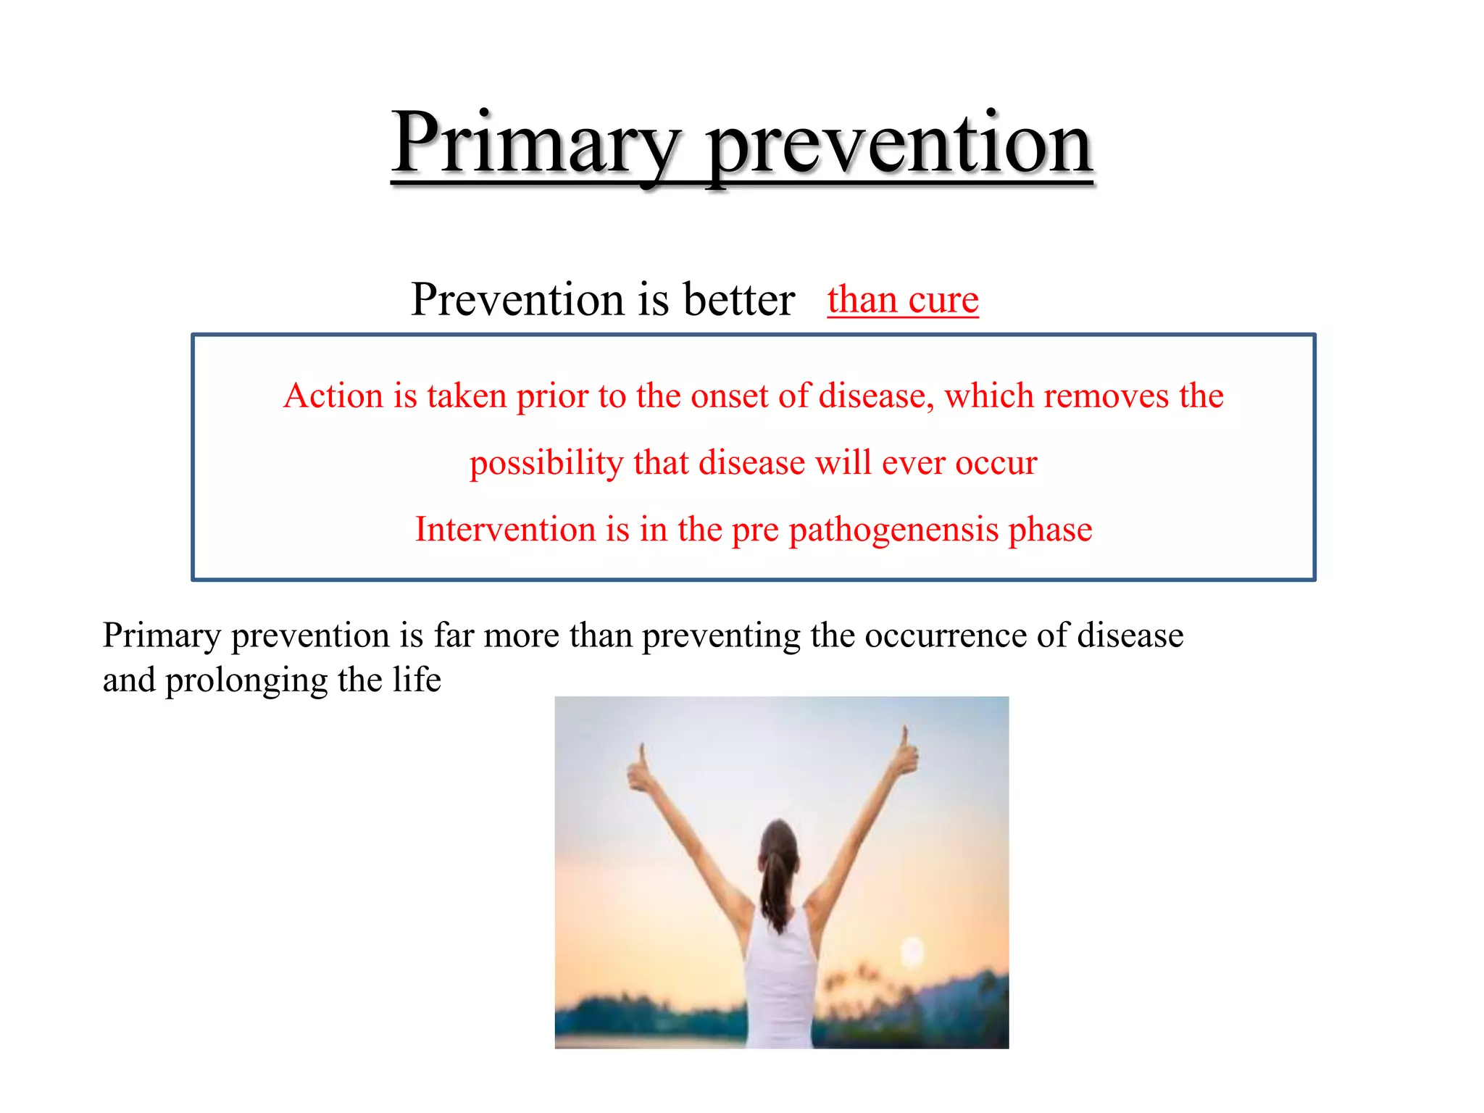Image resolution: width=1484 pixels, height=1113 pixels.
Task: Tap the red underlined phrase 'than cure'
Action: click(903, 299)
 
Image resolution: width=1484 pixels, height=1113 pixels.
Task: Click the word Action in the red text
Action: click(333, 396)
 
